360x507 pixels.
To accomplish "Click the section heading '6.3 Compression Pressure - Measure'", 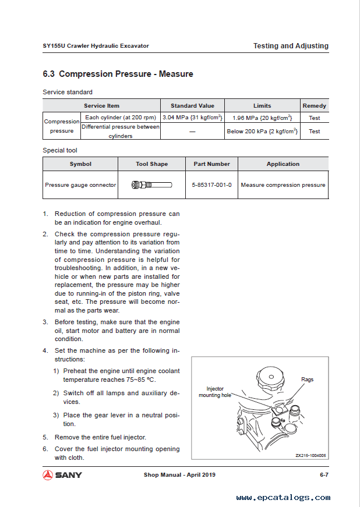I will (118, 74).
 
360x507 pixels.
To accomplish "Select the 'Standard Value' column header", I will (192, 106).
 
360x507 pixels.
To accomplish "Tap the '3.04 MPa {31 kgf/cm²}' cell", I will (192, 118).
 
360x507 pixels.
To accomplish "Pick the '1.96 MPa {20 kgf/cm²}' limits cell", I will (262, 118).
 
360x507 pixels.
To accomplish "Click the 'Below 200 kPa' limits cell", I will (262, 132).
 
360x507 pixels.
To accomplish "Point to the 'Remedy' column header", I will (315, 106).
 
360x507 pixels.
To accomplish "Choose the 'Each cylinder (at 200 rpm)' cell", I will (120, 118).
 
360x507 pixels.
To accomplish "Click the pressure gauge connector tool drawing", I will (152, 185).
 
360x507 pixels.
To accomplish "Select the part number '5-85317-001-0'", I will (211, 185).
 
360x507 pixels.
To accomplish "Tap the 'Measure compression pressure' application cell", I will (283, 185).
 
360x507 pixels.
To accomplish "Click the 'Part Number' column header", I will (211, 164).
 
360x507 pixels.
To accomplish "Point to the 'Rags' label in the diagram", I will (307, 380).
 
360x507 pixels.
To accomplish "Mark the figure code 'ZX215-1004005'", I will (310, 456).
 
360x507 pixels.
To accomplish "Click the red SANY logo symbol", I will (48, 475).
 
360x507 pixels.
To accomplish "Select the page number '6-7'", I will (324, 475).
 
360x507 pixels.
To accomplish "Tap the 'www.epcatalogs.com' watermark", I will (283, 498).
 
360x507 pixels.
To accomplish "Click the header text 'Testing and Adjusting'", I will (291, 46).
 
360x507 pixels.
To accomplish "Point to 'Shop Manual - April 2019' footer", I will (179, 475).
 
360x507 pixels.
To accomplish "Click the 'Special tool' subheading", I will (60, 150).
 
